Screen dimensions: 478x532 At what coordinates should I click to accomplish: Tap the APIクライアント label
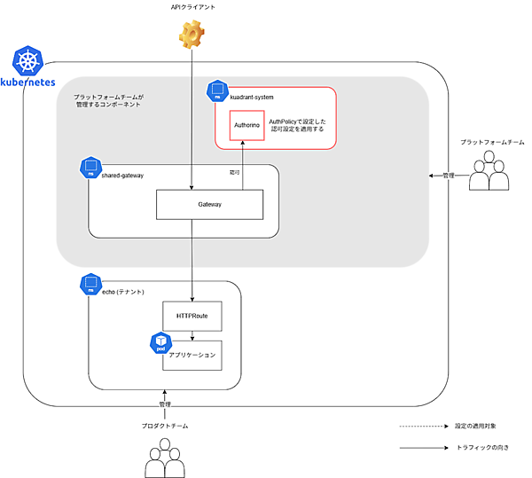[192, 7]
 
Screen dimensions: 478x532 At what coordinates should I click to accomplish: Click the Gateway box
[210, 204]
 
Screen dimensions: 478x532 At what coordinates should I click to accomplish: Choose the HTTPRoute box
[192, 316]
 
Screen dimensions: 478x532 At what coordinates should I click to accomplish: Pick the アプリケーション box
[192, 355]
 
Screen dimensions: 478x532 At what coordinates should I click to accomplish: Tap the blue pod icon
[160, 343]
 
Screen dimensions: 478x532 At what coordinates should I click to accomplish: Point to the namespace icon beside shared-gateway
[90, 168]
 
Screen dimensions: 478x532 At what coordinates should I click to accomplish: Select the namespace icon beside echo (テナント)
[90, 285]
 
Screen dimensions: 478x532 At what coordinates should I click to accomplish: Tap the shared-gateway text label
[122, 175]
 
